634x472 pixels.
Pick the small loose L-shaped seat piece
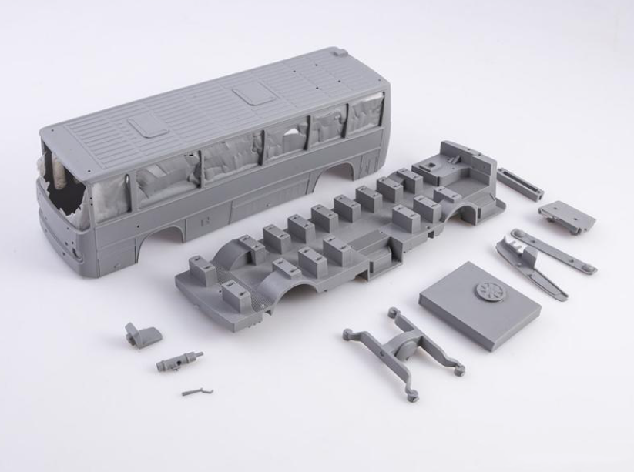[x=143, y=334]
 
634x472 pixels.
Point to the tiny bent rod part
[x=197, y=391]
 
